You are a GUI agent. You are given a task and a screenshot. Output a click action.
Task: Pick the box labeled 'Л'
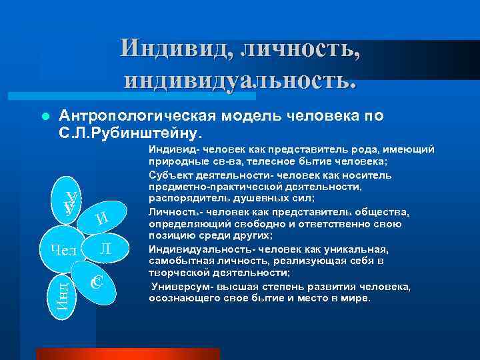coord(105,248)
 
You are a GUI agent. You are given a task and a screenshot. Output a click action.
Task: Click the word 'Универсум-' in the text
coord(180,287)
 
